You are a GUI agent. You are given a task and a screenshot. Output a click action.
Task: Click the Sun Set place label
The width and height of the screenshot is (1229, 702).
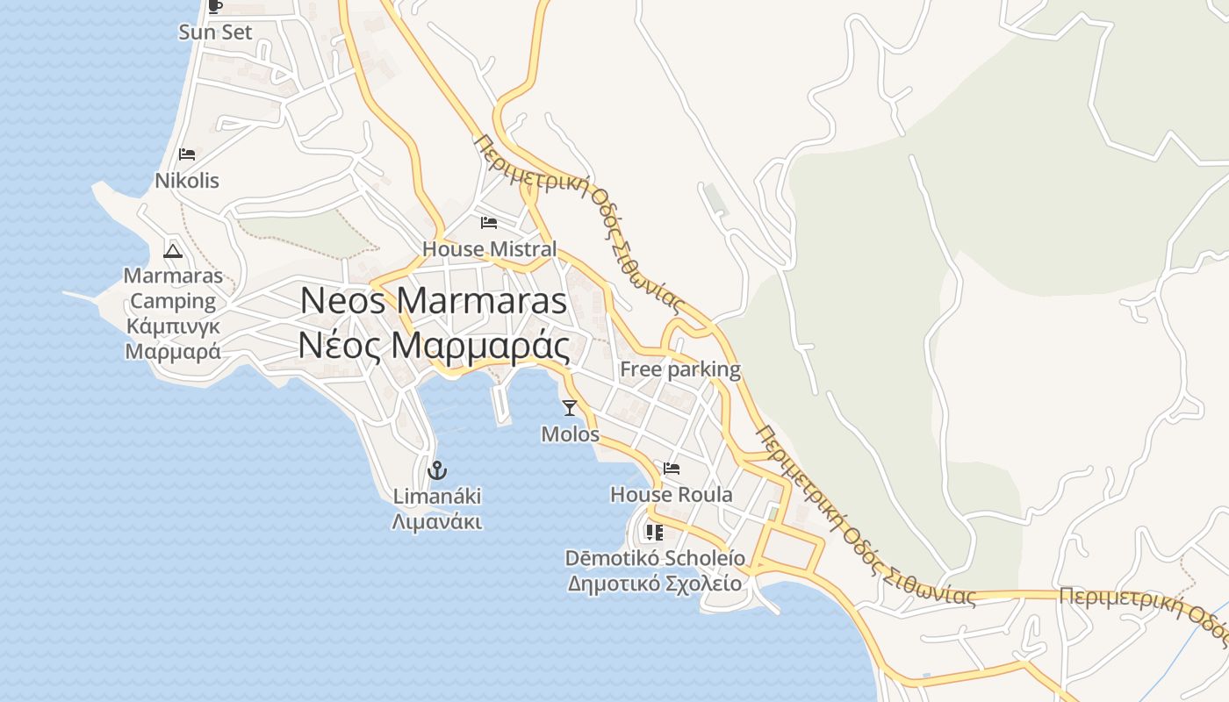click(215, 32)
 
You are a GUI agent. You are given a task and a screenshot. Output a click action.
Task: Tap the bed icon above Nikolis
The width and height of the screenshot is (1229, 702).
click(187, 154)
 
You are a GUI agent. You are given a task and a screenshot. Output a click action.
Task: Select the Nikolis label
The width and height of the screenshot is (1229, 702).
click(187, 181)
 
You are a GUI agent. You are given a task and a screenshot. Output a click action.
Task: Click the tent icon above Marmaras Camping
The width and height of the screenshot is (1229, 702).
click(173, 251)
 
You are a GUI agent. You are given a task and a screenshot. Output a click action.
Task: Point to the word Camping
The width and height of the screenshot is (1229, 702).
click(173, 301)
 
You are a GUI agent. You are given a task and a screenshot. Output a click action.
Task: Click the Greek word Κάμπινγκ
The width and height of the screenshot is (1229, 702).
click(173, 326)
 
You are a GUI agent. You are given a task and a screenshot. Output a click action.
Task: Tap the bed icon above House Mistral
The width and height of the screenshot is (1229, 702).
click(489, 222)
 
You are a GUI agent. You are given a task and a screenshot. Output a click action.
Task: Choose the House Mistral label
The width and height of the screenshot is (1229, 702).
click(489, 249)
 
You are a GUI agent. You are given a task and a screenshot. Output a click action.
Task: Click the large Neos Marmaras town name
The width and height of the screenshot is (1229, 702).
click(434, 301)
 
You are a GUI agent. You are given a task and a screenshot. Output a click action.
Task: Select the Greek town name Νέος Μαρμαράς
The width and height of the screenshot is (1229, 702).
click(434, 345)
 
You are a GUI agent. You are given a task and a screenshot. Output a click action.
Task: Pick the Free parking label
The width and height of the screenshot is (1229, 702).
click(680, 369)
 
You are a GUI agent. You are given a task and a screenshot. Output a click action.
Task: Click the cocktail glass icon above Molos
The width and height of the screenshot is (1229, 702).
click(570, 407)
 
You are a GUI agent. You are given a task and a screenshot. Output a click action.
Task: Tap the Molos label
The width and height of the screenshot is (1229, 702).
click(570, 434)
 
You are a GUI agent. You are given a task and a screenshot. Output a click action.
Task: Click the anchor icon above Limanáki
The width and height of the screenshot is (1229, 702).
click(437, 470)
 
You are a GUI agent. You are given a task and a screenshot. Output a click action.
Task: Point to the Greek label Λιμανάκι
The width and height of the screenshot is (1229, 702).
click(437, 522)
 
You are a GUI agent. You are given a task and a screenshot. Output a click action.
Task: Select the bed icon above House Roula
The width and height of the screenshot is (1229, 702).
click(672, 468)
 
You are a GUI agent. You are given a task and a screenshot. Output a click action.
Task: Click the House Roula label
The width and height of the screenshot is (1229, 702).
click(672, 495)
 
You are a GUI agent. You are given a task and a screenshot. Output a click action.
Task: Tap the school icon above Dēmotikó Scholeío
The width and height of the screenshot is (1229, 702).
click(655, 532)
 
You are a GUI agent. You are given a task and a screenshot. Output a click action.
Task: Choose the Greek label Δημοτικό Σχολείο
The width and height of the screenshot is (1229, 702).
click(655, 584)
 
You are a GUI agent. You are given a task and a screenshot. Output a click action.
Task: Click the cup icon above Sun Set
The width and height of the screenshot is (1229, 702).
click(215, 6)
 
